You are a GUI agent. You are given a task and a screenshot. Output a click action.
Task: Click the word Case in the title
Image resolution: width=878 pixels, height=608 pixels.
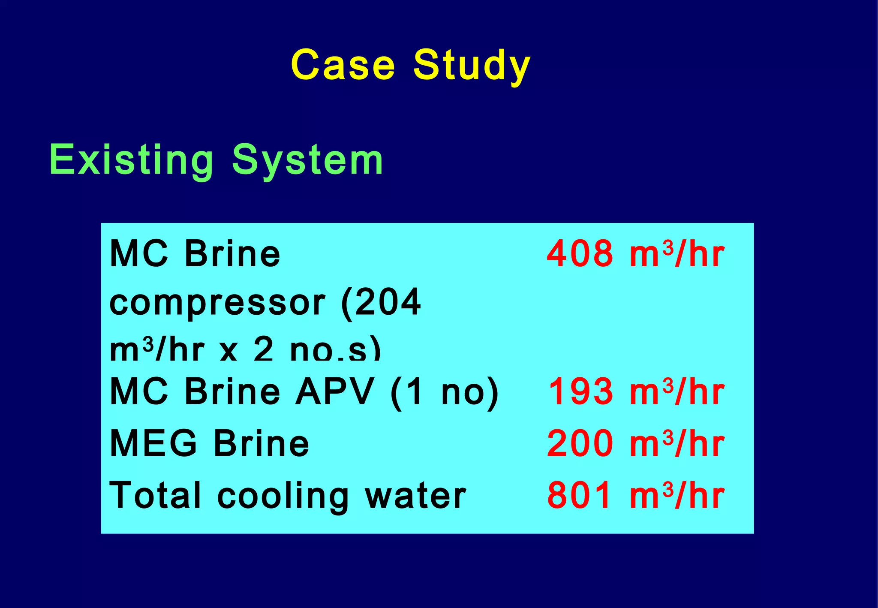click(x=343, y=65)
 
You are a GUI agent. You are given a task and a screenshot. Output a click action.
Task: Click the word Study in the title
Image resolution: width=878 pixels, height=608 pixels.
click(x=472, y=65)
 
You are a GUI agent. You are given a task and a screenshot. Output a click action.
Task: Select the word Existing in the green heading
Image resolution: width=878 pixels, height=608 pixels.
click(x=131, y=160)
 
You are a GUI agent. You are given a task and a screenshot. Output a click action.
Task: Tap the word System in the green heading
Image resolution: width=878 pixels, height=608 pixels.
click(x=307, y=160)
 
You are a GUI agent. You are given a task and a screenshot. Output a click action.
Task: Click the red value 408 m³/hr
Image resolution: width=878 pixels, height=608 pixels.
click(x=635, y=254)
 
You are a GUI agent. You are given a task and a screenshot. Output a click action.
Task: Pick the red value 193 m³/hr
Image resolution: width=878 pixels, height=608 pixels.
click(x=636, y=391)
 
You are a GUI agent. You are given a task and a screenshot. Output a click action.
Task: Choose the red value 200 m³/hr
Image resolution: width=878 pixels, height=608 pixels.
click(x=635, y=443)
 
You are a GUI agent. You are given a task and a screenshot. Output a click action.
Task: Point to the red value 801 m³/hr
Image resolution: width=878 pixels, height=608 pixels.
click(x=635, y=496)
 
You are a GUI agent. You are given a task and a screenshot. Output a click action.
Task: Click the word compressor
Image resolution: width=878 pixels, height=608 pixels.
click(x=217, y=303)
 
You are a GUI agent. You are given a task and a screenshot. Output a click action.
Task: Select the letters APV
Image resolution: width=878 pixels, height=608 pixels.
click(x=335, y=391)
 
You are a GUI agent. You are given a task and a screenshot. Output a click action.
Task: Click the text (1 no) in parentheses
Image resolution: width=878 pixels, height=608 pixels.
click(x=445, y=391)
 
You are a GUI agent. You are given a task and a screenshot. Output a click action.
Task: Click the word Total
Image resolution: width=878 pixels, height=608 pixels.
click(x=155, y=496)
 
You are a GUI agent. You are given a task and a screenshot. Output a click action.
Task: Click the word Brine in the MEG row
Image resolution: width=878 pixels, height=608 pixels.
click(x=262, y=443)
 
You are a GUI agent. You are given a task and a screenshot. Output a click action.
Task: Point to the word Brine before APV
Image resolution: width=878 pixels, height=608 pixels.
click(x=232, y=391)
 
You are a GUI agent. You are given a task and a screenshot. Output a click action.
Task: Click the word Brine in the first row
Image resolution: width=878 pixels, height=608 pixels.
click(x=232, y=254)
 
